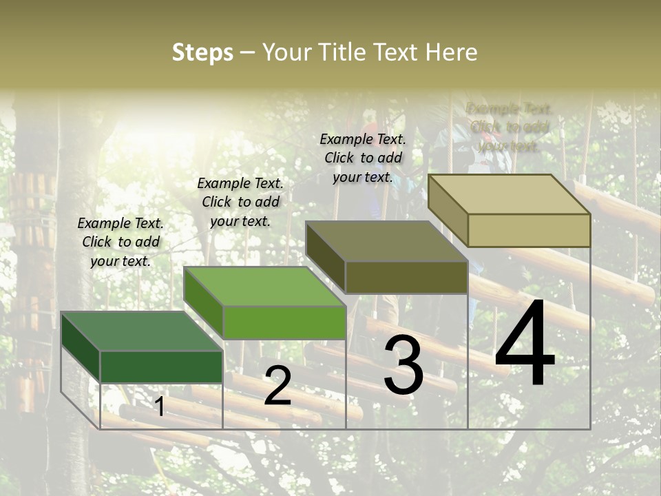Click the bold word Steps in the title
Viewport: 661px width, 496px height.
pos(202,52)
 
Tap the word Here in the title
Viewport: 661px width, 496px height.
pos(451,52)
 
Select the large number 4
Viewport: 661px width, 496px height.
pos(525,344)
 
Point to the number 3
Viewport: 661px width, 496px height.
pos(403,365)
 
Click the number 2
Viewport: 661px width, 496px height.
pos(277,386)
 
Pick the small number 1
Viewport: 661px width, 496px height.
pos(159,406)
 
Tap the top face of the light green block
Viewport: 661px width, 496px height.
pos(264,287)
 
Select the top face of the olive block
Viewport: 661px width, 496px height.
pos(386,241)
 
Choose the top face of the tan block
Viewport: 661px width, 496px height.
pos(510,194)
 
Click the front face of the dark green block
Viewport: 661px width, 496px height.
pos(162,366)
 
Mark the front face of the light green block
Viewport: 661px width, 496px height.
pos(284,322)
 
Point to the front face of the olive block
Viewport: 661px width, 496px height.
pos(406,277)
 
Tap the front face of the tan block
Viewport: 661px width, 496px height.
pos(529,230)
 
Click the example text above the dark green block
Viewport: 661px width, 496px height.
pos(120,242)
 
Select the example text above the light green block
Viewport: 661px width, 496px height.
pos(240,202)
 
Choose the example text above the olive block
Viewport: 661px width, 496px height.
pos(363,158)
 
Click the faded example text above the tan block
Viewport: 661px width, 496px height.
pos(509,127)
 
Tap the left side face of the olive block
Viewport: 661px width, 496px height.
pos(325,257)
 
